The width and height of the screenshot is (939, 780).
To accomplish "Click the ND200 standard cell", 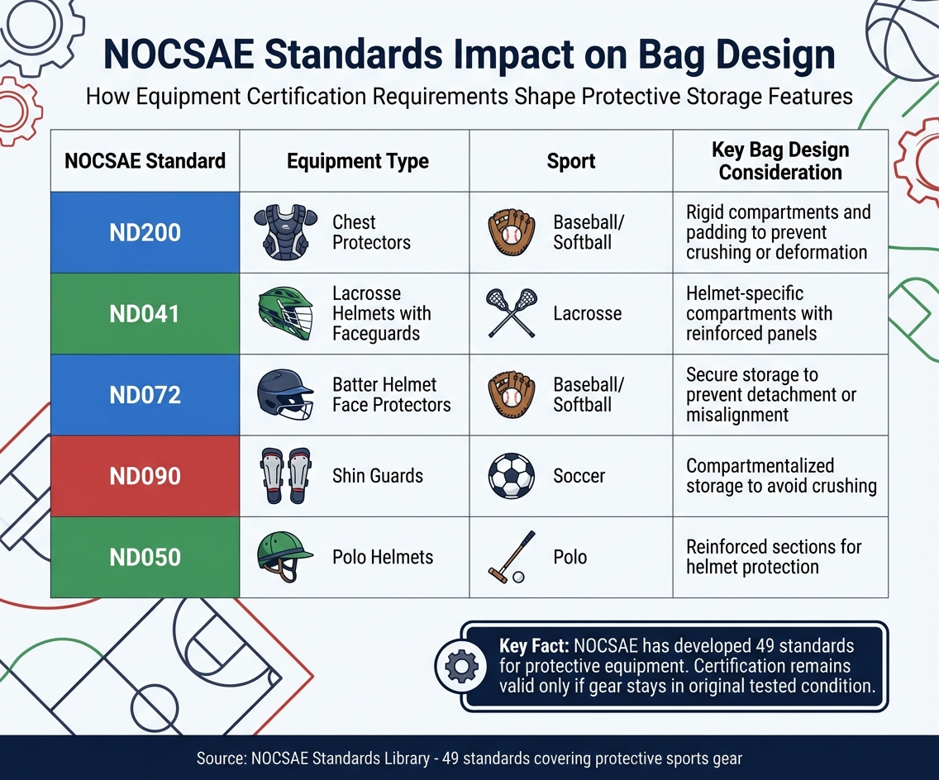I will tap(145, 233).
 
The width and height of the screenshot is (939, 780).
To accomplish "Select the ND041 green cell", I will tap(145, 314).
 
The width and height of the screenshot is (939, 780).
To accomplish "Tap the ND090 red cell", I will tap(145, 477).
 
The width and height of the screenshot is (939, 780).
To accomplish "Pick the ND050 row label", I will tap(145, 557).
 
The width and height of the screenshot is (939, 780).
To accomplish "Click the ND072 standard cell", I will tap(145, 395).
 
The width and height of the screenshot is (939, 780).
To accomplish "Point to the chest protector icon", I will tap(285, 233).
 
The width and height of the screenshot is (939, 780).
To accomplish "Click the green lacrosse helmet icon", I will tap(285, 314).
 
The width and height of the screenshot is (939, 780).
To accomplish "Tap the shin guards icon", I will tap(285, 476).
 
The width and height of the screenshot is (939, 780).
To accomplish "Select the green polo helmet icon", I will tap(285, 556).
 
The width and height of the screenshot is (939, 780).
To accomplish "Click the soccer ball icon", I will tap(512, 476).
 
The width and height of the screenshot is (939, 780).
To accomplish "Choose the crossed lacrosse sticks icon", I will tap(512, 313).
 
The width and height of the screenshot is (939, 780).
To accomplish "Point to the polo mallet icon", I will tap(509, 558).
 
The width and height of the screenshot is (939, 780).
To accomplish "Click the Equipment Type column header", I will tap(357, 161).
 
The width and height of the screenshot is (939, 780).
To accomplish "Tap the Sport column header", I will tap(570, 161).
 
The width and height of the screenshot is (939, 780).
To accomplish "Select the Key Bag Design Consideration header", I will tap(779, 161).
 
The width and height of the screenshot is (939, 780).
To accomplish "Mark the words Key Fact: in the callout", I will tap(534, 646).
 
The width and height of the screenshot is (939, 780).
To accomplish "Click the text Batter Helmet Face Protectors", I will tap(391, 395).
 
